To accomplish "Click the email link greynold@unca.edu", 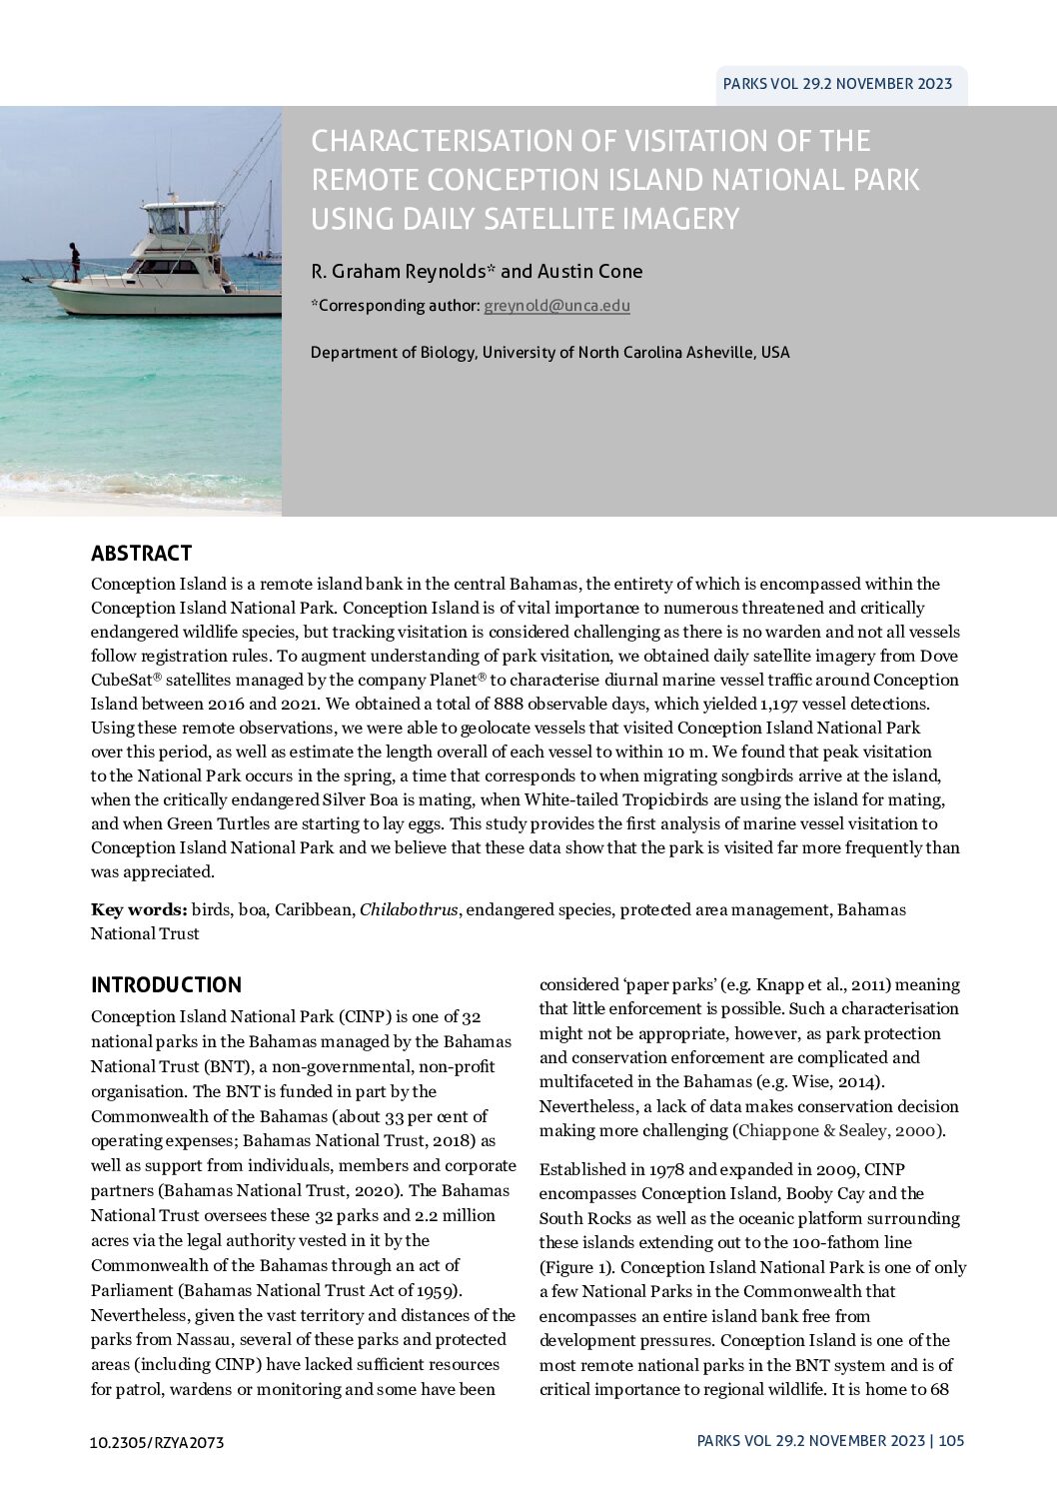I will pyautogui.click(x=556, y=306).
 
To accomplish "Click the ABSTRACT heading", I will pyautogui.click(x=141, y=554).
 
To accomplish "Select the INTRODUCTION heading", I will pyautogui.click(x=166, y=985).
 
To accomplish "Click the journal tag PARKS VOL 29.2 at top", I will pyautogui.click(x=837, y=85).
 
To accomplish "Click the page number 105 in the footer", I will pyautogui.click(x=951, y=1440).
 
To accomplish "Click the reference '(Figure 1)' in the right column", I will pyautogui.click(x=573, y=1267).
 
